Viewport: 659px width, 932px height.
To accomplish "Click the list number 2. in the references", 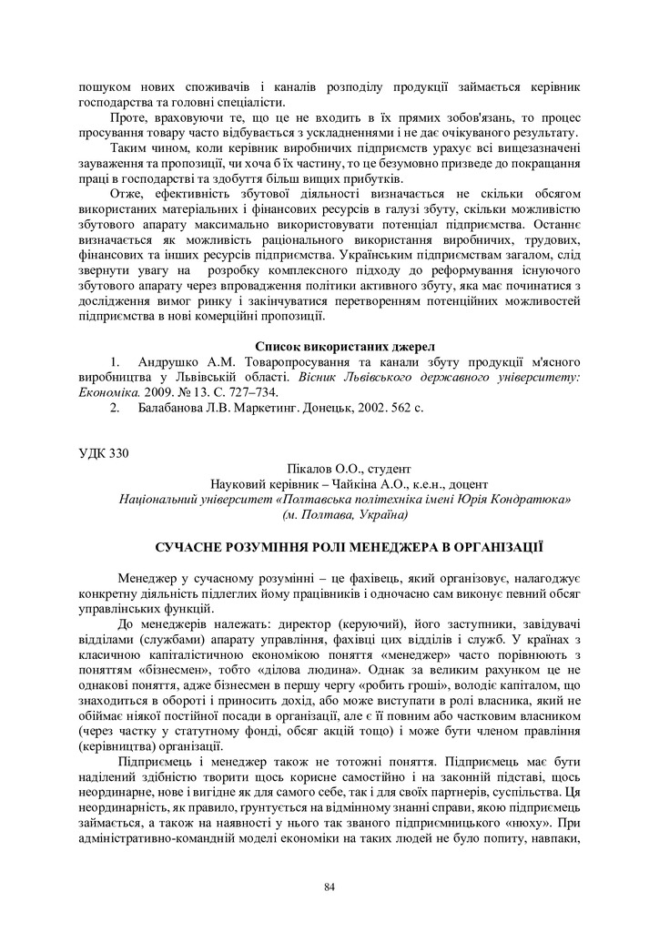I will [x=116, y=408].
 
